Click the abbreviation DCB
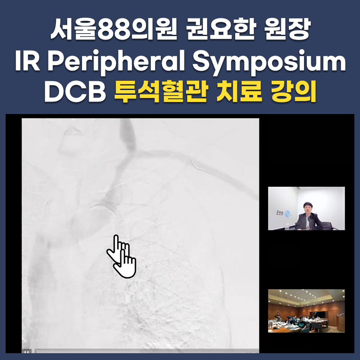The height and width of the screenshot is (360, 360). coord(75,92)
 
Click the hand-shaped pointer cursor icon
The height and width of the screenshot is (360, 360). coord(122,256)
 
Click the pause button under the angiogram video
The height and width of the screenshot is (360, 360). coord(26,352)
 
